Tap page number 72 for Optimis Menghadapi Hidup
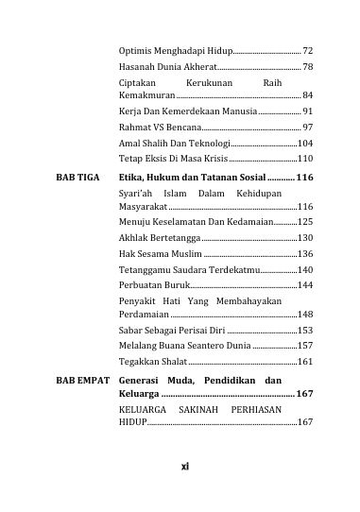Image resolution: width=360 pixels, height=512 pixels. [x=308, y=49]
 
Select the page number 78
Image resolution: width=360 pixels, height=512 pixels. [x=308, y=67]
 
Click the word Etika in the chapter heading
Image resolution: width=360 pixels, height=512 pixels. [x=125, y=177]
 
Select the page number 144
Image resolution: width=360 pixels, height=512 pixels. [x=305, y=284]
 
